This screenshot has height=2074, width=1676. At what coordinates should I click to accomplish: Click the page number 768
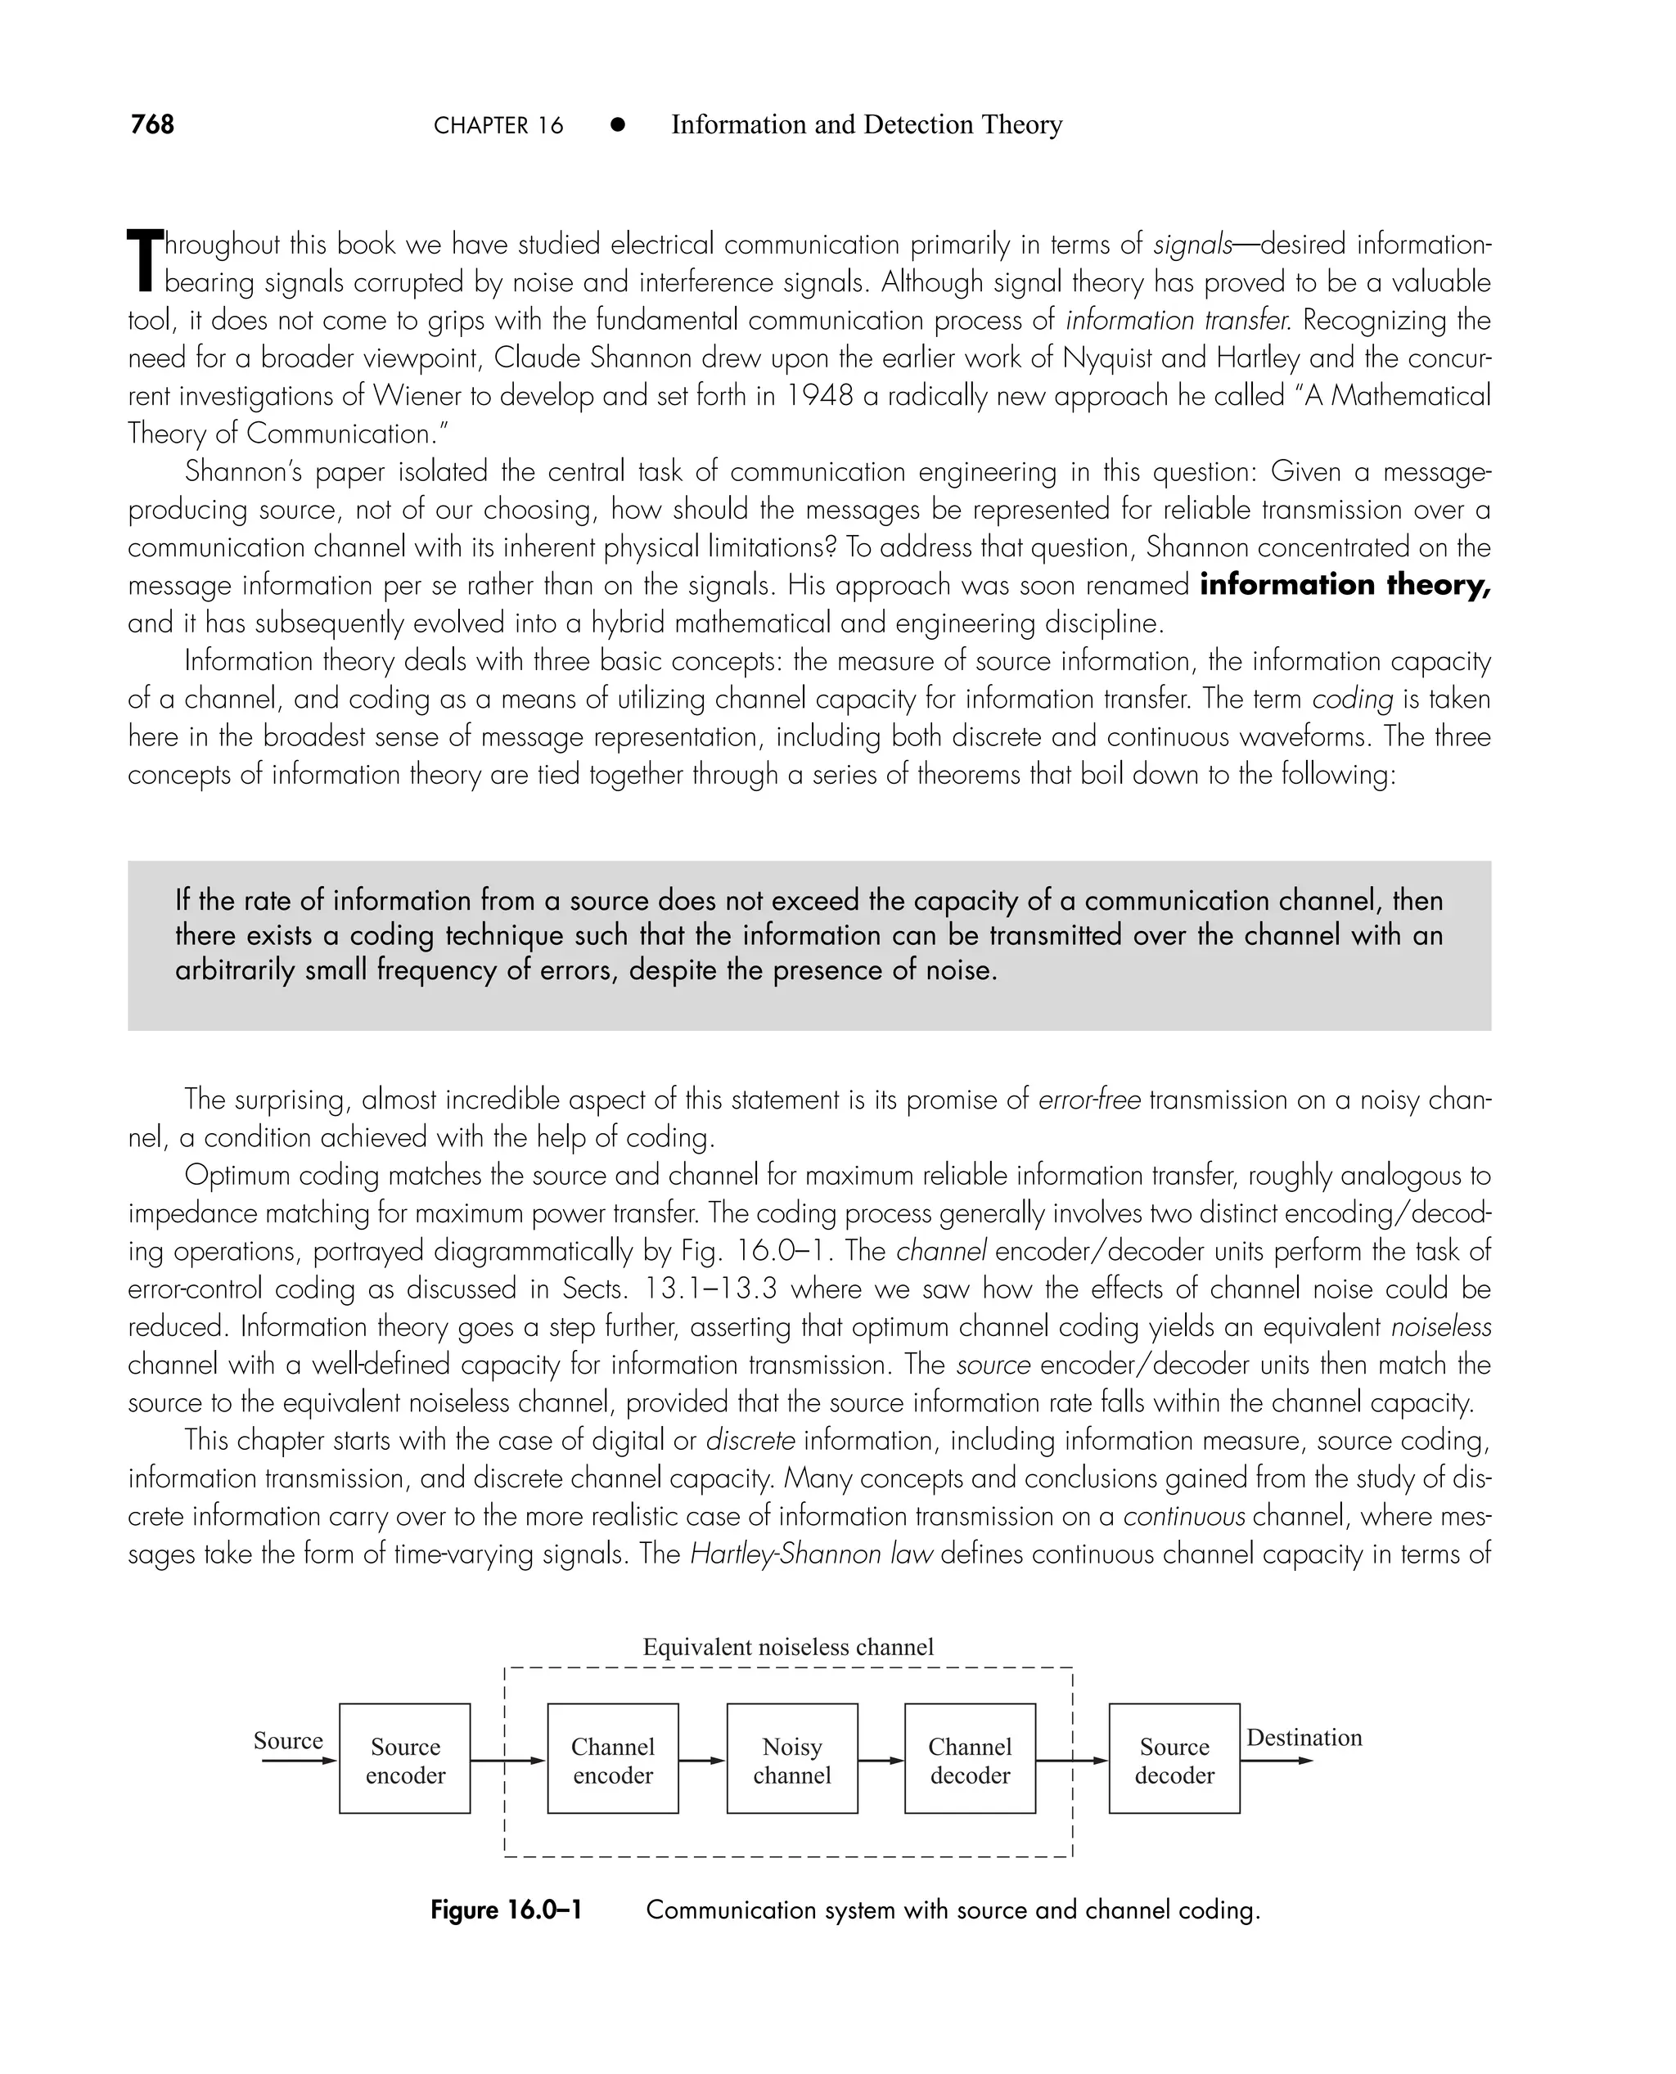pyautogui.click(x=152, y=124)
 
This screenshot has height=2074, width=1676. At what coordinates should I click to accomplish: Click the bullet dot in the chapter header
pyautogui.click(x=618, y=125)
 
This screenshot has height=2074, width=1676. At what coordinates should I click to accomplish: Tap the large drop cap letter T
pyautogui.click(x=145, y=259)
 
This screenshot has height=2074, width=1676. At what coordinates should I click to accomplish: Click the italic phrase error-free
pyautogui.click(x=1089, y=1100)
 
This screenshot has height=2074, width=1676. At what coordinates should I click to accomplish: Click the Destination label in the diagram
pyautogui.click(x=1304, y=1737)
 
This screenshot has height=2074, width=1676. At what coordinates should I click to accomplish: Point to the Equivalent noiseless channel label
pyautogui.click(x=788, y=1646)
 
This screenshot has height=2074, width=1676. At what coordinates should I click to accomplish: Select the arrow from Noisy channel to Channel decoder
pyautogui.click(x=881, y=1761)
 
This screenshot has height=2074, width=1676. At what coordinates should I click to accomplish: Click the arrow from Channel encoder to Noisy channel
pyautogui.click(x=702, y=1761)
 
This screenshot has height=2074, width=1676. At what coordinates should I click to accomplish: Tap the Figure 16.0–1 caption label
pyautogui.click(x=506, y=1910)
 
